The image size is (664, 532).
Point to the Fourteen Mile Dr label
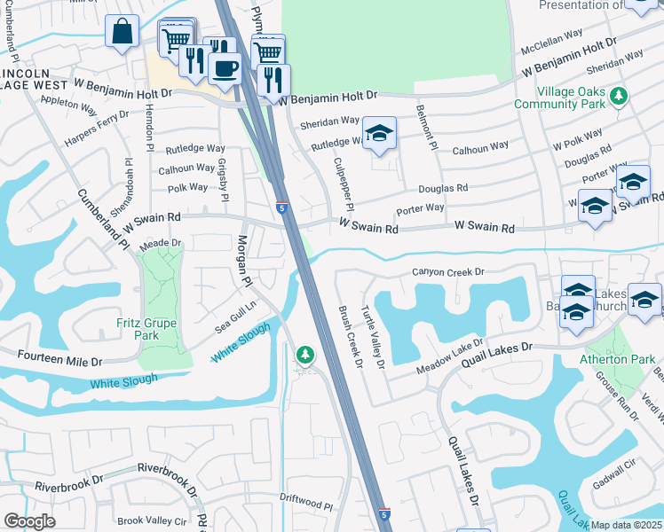point(51,358)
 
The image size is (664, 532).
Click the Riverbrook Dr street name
point(68,486)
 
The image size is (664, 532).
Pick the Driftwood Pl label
point(304,505)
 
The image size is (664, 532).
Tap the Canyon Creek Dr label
point(448,272)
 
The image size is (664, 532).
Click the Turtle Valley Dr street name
point(372,337)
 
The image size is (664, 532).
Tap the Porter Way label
point(420,208)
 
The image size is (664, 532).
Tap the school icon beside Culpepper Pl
point(380,134)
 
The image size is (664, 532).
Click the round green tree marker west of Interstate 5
point(304,356)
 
